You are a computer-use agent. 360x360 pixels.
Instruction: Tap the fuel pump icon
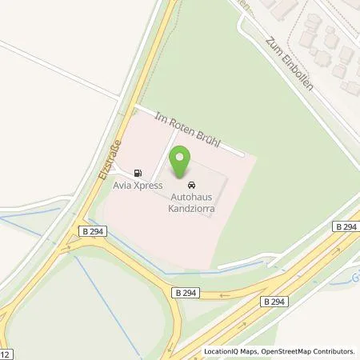(x=140, y=173)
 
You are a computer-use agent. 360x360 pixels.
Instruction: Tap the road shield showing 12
(x=6, y=354)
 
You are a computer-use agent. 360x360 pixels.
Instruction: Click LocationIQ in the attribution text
(x=220, y=351)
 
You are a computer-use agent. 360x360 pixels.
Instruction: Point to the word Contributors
(x=334, y=351)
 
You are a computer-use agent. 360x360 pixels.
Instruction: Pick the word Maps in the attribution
(x=247, y=351)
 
